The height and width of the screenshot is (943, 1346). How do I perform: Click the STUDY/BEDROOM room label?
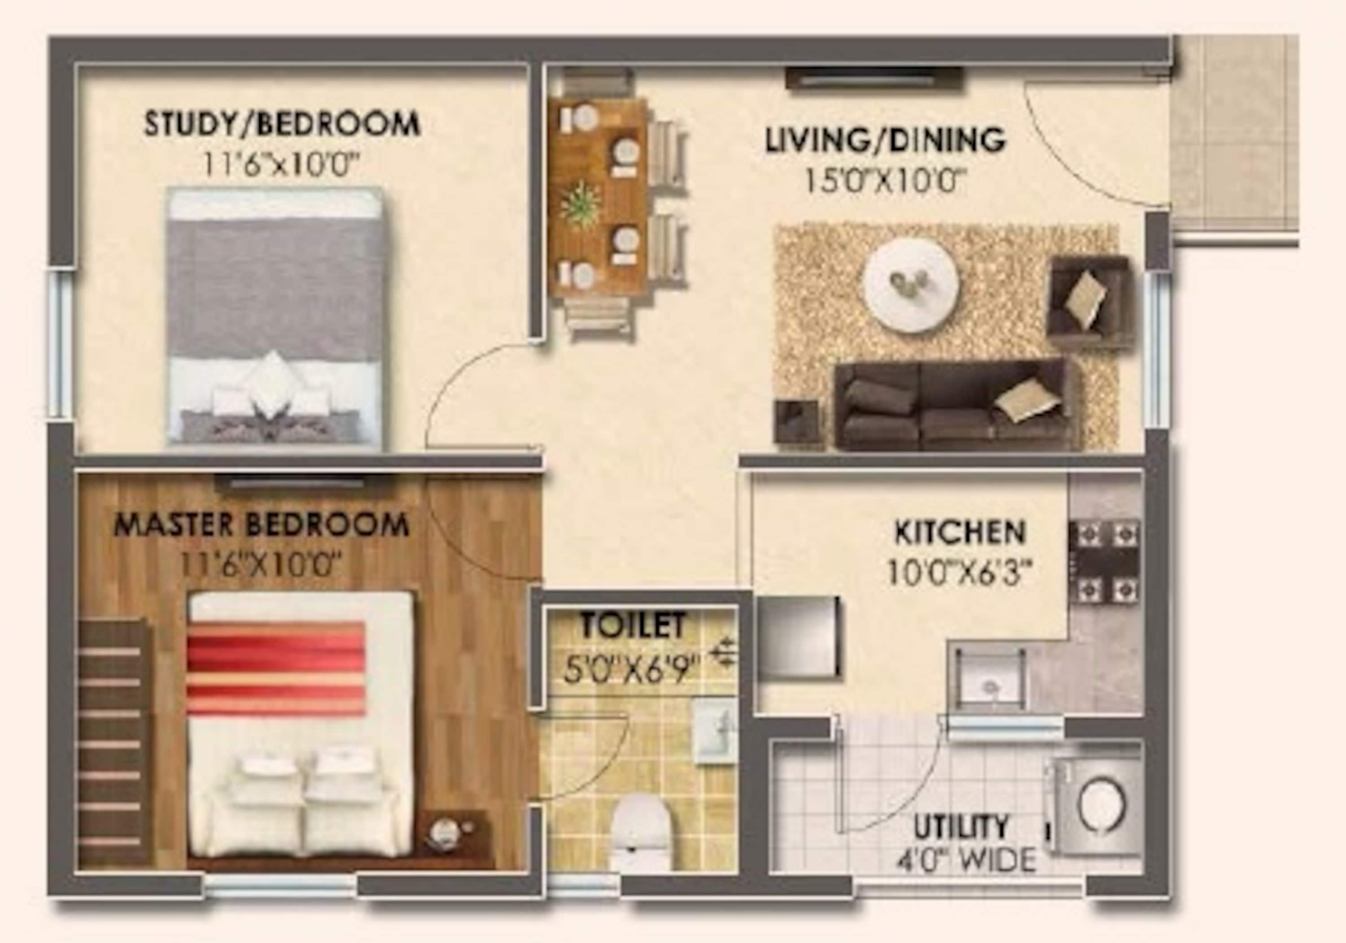(282, 124)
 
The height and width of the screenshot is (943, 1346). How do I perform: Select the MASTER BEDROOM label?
(262, 525)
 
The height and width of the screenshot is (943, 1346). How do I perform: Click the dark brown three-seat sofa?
(957, 406)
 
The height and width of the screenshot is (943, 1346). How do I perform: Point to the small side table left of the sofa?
(796, 421)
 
